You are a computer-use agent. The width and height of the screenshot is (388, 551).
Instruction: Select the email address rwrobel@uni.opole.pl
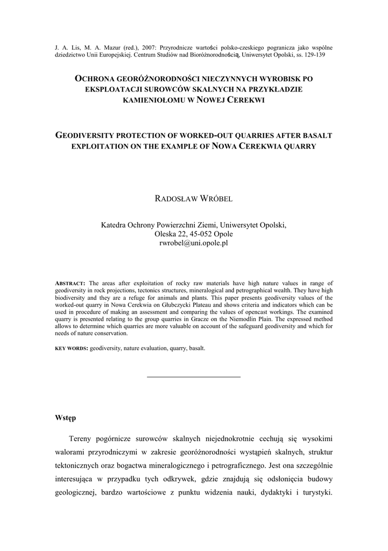coord(194,243)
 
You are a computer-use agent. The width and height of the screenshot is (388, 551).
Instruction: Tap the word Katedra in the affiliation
coord(115,225)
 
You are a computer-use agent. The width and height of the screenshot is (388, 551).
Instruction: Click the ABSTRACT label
coord(70,284)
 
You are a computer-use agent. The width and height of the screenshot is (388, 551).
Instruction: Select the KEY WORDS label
coord(72,348)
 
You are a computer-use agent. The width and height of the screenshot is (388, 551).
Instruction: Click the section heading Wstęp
coord(66,418)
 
